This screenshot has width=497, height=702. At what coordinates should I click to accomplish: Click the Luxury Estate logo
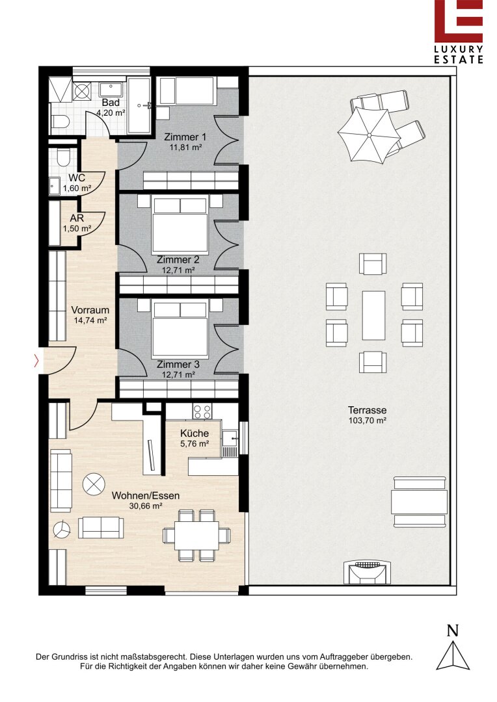click(x=459, y=31)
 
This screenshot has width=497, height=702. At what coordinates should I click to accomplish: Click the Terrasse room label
click(x=367, y=409)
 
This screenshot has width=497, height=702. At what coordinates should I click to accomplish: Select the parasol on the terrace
click(x=369, y=135)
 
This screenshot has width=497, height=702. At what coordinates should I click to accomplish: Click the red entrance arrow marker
click(x=36, y=361)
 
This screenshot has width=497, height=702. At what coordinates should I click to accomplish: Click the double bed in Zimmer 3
click(x=180, y=329)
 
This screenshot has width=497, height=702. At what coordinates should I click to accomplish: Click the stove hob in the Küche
click(x=202, y=411)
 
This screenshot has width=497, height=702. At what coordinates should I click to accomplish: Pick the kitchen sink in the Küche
click(x=230, y=437)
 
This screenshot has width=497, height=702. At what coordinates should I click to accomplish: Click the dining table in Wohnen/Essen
click(x=196, y=536)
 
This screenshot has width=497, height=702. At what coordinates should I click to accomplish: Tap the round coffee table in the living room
click(x=94, y=484)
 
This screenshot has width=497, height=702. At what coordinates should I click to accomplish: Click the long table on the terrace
click(x=374, y=315)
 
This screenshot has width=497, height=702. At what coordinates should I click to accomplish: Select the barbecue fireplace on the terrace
click(x=367, y=572)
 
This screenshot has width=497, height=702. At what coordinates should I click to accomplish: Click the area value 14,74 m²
click(x=90, y=320)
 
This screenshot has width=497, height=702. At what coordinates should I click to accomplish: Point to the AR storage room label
click(x=77, y=218)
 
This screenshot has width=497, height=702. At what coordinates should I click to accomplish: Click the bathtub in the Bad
click(x=139, y=106)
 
